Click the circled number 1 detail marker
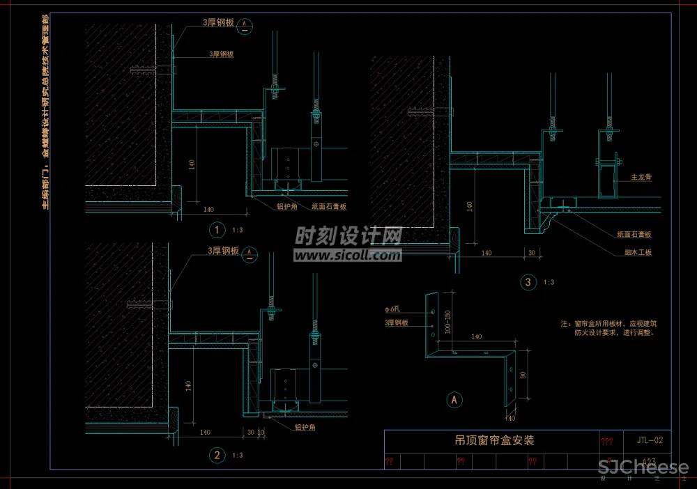(x=217, y=229)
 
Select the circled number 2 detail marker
(x=217, y=456)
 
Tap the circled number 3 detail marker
(x=528, y=282)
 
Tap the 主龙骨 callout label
(x=641, y=178)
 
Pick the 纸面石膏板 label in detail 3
(x=634, y=235)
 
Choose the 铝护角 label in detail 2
(x=305, y=427)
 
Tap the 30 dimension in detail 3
(x=531, y=252)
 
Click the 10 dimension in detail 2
(x=261, y=433)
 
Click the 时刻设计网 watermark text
(x=348, y=237)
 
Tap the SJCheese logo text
(x=643, y=467)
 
